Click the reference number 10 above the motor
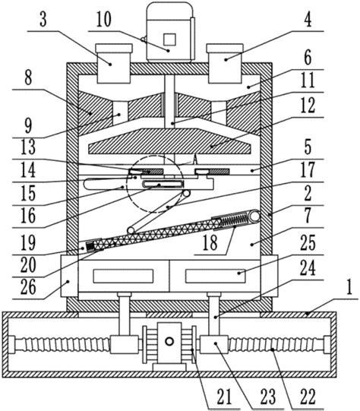click(104, 20)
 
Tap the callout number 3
click(43, 20)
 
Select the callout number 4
click(308, 20)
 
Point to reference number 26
click(28, 287)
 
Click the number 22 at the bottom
click(308, 397)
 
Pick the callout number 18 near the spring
click(210, 242)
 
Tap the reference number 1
click(349, 287)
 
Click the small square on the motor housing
click(169, 40)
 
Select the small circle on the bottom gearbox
click(169, 341)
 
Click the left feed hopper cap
click(114, 48)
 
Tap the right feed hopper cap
click(225, 48)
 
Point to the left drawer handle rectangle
click(123, 276)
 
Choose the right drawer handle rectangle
click(216, 276)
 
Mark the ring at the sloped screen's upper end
click(254, 217)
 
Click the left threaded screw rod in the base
click(62, 345)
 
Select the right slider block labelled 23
click(214, 344)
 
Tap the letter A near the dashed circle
click(194, 159)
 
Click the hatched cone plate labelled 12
click(170, 141)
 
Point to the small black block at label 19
click(90, 246)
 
